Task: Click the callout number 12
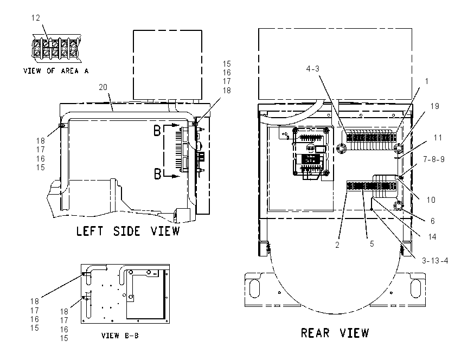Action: click(36, 18)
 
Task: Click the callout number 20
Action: click(103, 87)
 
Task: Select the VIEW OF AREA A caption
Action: click(56, 71)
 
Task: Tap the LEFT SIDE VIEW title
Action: click(128, 231)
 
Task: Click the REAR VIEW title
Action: click(335, 333)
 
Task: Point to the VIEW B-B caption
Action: click(120, 335)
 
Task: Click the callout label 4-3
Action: click(312, 69)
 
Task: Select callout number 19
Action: click(435, 106)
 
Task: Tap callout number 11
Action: click(438, 138)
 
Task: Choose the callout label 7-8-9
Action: click(434, 159)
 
